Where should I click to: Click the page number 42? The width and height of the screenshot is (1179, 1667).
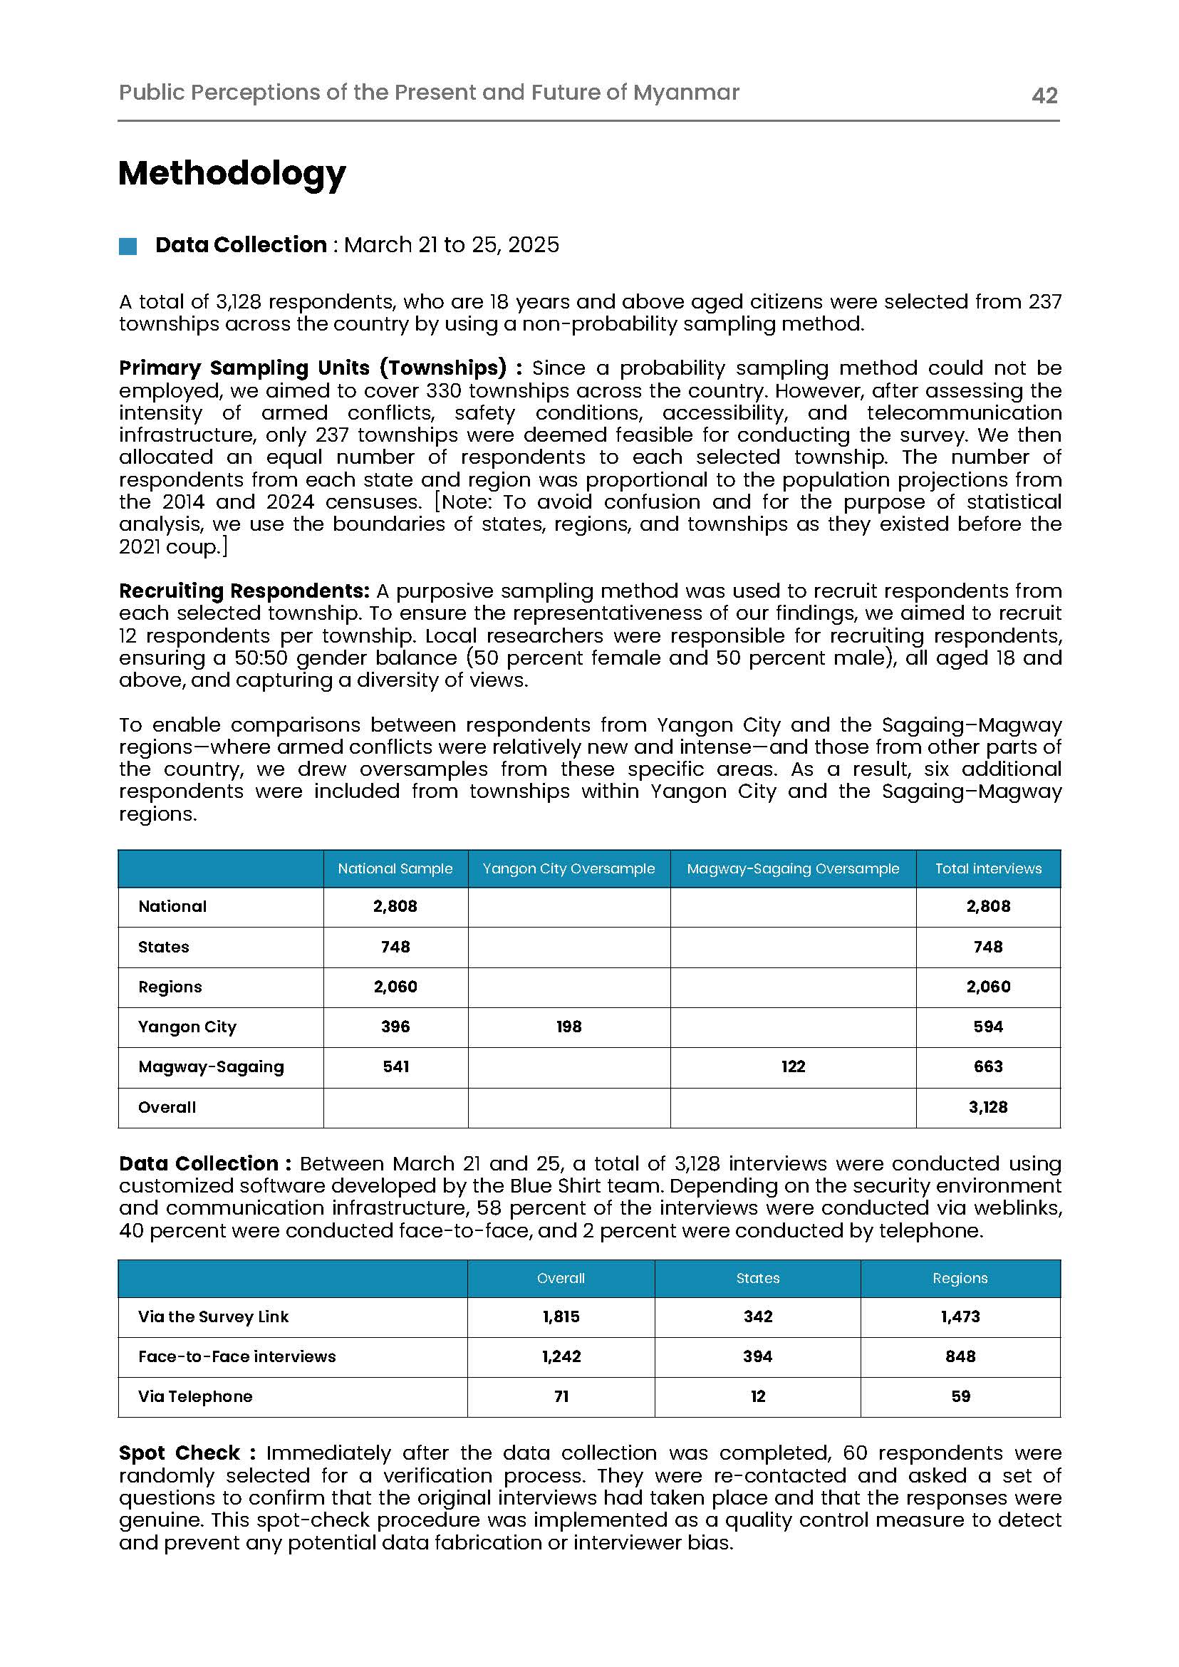point(1044,95)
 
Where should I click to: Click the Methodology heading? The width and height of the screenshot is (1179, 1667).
point(232,174)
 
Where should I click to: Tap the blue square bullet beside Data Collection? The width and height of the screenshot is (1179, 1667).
point(128,246)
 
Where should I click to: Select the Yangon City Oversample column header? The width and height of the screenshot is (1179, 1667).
point(568,868)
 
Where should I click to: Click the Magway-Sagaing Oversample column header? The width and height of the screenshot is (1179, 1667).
point(793,868)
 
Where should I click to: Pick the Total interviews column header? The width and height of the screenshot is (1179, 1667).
point(987,868)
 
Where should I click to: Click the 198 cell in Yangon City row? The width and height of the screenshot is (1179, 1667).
point(568,1027)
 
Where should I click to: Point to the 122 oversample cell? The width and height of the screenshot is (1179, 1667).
point(793,1066)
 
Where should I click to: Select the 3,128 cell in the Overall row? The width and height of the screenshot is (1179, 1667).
point(987,1107)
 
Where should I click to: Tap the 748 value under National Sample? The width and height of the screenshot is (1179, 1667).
point(395,947)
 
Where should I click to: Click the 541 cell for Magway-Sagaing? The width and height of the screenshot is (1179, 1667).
point(395,1066)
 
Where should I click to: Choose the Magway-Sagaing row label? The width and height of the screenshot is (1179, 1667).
point(211,1066)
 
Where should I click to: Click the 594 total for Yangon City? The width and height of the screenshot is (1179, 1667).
point(987,1027)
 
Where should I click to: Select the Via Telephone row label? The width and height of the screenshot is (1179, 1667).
point(194,1396)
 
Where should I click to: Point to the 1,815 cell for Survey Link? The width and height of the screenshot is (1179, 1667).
point(561,1317)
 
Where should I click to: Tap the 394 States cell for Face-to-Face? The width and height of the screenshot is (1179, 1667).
point(757,1356)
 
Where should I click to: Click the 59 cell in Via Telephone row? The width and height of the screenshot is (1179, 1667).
point(960,1396)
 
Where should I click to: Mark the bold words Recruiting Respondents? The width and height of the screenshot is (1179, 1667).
point(244,591)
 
